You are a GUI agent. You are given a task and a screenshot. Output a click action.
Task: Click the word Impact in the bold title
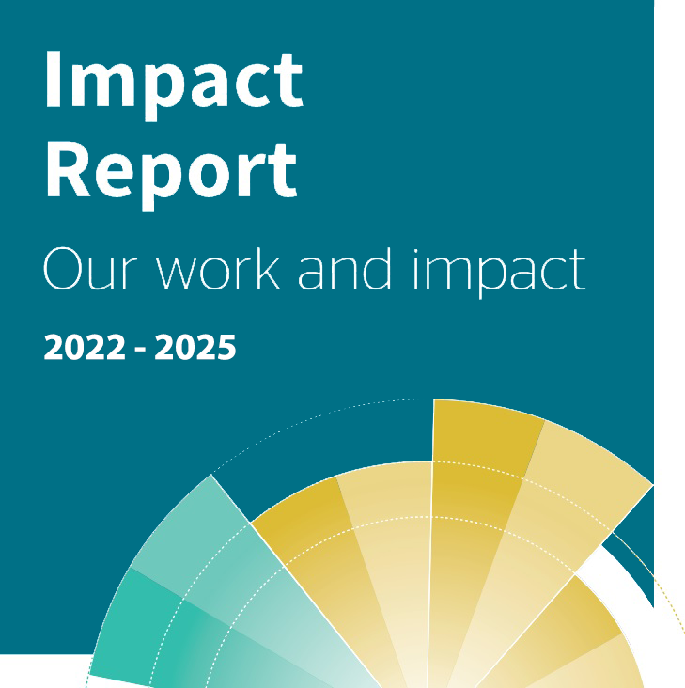[174, 85]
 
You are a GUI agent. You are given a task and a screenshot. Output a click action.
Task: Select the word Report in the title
[172, 177]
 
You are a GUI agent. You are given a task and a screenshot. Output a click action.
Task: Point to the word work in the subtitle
[218, 269]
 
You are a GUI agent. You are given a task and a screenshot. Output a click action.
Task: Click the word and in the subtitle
[344, 269]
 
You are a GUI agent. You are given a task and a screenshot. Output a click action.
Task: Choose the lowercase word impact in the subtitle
[499, 272]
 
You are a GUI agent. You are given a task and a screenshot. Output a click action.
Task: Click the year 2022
[85, 347]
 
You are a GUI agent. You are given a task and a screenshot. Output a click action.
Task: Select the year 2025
[195, 347]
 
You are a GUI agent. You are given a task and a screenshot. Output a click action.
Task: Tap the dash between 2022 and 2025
[140, 350]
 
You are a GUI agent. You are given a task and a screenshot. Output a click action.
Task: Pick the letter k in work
[268, 269]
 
